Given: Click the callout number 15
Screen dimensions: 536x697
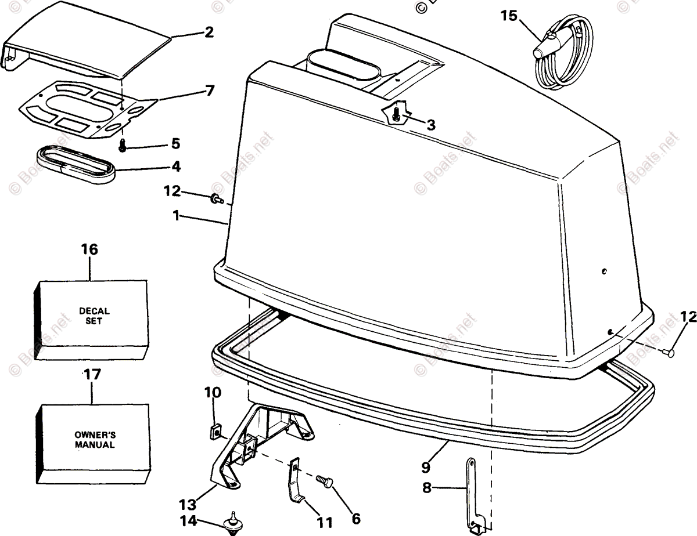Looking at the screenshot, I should pos(508,16).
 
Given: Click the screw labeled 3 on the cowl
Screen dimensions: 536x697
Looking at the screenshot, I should pos(396,115).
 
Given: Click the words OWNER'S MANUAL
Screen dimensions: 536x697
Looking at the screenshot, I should pos(95,440).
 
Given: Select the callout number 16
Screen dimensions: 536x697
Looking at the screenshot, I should pos(90,249).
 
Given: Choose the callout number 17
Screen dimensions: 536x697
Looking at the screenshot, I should pos(92,374).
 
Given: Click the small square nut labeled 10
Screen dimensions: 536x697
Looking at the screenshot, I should pos(214,430).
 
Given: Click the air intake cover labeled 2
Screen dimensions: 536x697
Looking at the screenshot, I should pos(87,52).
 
